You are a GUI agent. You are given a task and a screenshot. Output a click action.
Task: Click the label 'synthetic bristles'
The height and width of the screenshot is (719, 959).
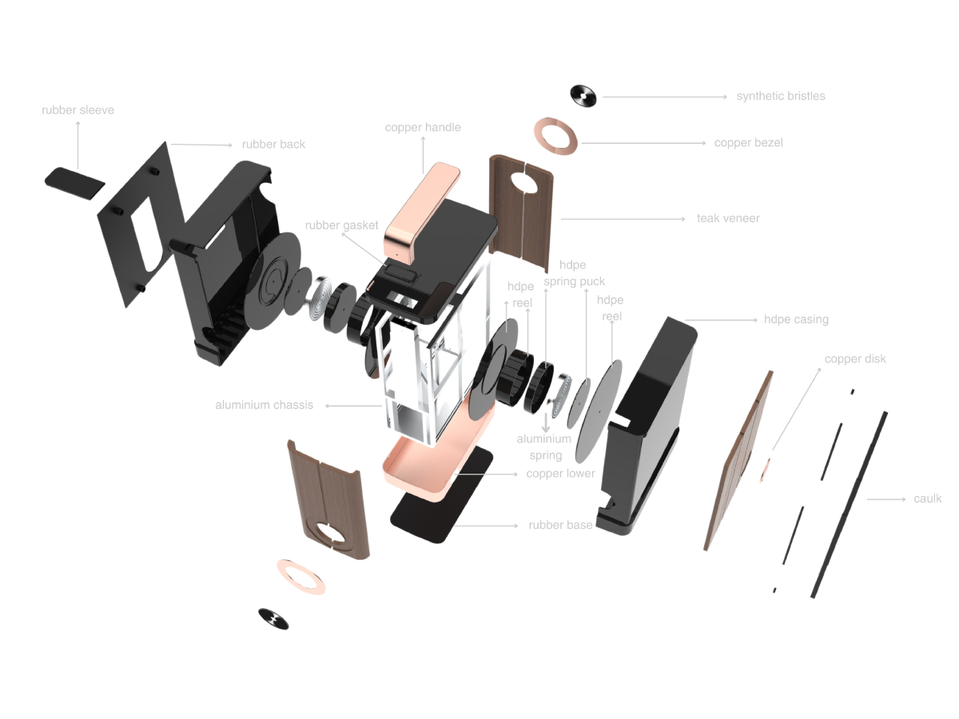[780, 97]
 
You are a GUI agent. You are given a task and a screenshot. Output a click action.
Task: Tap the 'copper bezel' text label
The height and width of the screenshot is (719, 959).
[748, 143]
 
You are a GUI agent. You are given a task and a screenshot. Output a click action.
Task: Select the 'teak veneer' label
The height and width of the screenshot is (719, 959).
[728, 218]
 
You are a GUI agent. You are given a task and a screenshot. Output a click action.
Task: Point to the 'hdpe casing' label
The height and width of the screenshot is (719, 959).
[796, 320]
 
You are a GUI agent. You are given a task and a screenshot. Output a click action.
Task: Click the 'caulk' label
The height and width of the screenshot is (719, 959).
[927, 499]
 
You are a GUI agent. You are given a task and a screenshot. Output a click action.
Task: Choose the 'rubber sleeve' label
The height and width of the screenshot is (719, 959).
[78, 110]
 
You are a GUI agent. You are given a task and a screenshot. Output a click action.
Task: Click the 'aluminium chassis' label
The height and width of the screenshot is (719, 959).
[264, 405]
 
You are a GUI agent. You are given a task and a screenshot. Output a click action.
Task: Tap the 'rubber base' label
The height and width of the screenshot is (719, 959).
[560, 525]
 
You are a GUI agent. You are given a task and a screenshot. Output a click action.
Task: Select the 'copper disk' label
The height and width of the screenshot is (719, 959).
[855, 359]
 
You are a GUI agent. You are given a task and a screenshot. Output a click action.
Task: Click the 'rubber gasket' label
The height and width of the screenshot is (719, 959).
[341, 225]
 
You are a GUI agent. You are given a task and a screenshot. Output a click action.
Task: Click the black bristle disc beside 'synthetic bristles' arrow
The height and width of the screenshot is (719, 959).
[583, 96]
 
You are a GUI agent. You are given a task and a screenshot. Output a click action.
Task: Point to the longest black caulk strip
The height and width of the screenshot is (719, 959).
[849, 505]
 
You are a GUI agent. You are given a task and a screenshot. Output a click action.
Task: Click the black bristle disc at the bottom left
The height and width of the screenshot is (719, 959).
[273, 619]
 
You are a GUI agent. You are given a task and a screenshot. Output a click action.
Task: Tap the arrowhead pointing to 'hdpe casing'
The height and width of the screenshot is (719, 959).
[755, 320]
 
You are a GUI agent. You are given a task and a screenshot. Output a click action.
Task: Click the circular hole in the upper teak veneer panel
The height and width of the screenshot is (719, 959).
[523, 182]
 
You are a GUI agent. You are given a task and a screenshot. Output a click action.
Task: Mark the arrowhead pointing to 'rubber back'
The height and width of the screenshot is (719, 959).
[230, 145]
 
